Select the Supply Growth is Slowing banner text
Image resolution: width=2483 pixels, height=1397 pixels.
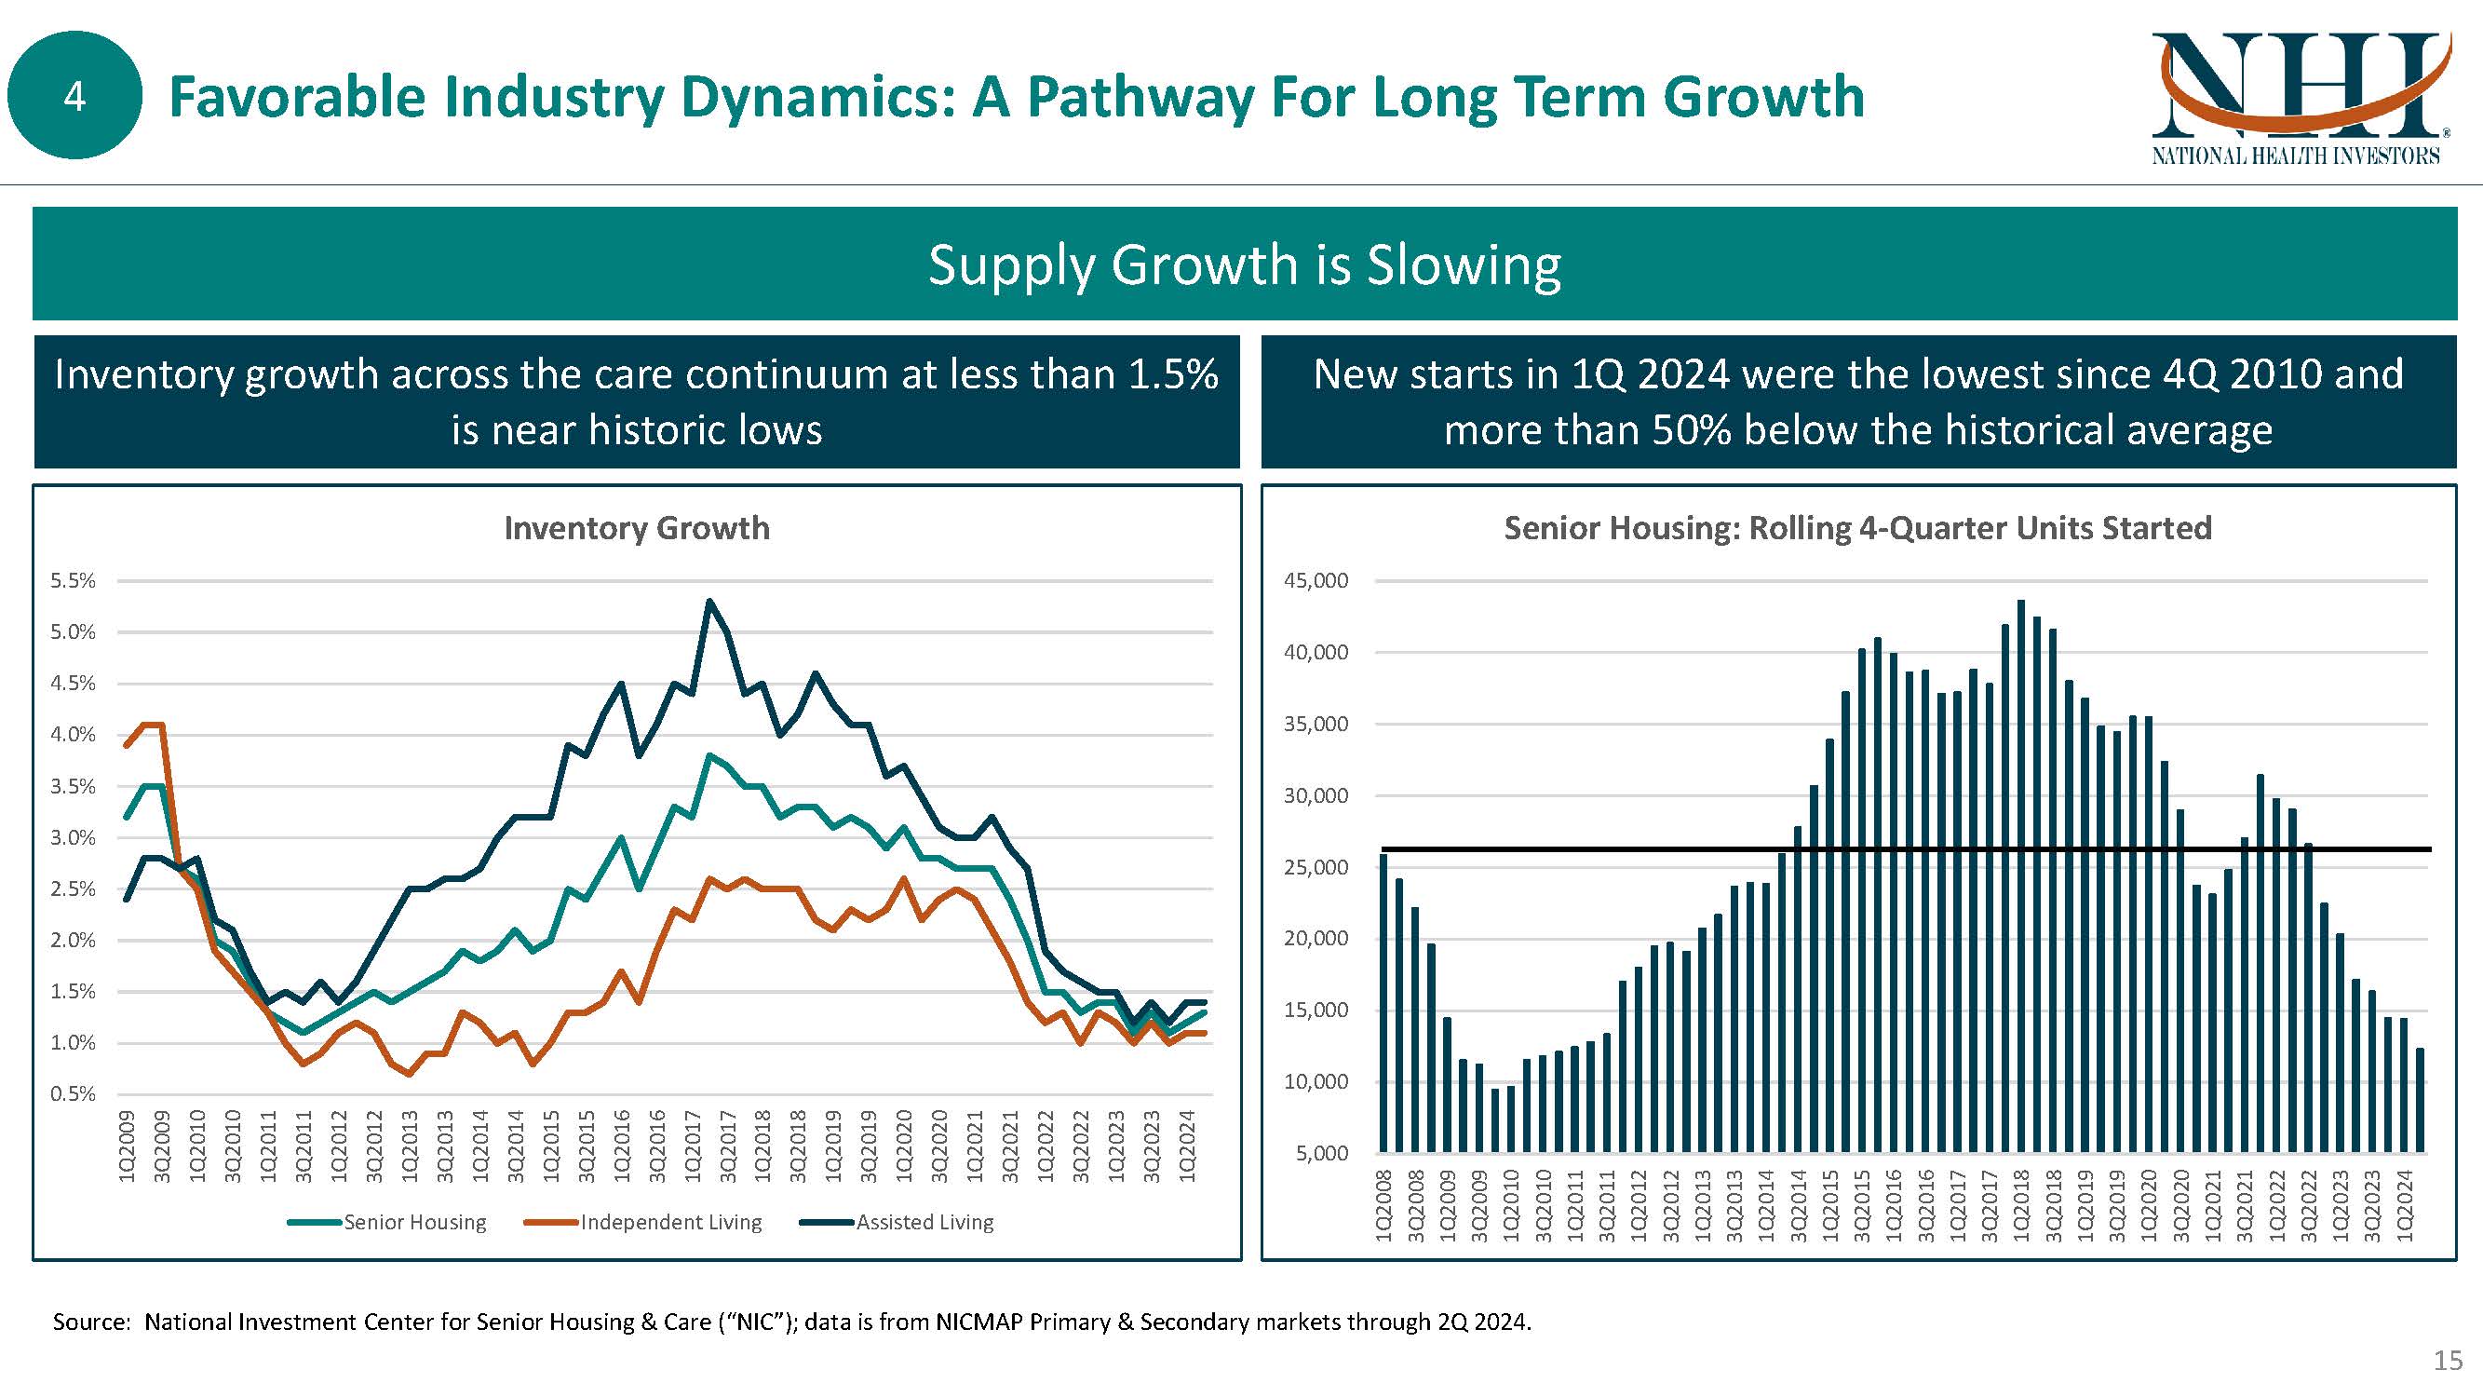1244,264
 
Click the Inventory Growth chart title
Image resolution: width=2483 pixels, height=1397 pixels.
636,528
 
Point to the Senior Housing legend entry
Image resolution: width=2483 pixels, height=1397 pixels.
414,1223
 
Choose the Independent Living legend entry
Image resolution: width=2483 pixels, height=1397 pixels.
670,1223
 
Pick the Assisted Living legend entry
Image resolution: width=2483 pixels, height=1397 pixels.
924,1223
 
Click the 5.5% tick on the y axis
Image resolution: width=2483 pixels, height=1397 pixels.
74,580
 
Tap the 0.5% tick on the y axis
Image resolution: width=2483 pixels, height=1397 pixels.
74,1094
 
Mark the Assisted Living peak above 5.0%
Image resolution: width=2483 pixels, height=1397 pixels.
709,602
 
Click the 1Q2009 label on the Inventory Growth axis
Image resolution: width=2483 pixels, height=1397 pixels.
127,1146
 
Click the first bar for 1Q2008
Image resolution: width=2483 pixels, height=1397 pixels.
1384,1003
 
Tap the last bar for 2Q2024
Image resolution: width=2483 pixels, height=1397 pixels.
2420,1099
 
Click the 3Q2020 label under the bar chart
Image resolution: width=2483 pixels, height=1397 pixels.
2181,1205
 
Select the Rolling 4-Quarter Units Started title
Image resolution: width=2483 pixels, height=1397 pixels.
1857,528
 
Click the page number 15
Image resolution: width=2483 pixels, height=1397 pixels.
2448,1361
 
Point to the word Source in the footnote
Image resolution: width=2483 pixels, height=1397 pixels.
89,1322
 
